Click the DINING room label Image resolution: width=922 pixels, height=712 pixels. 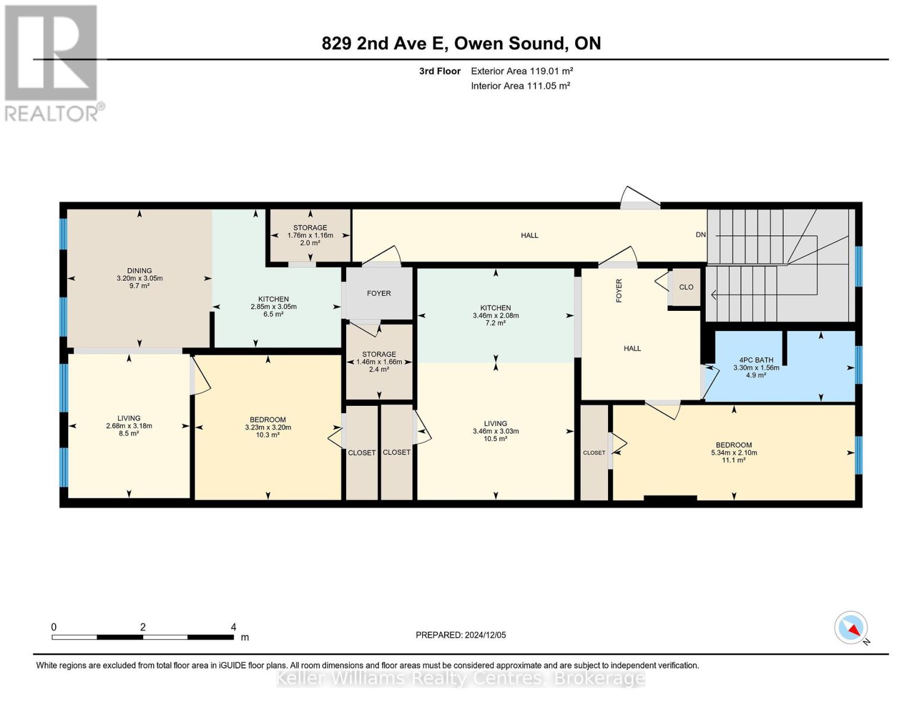(140, 271)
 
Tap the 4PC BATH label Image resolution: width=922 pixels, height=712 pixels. (756, 360)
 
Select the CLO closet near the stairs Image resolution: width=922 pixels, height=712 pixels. (686, 287)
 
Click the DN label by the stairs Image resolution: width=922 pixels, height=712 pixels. (701, 234)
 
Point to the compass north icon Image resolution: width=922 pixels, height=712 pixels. (851, 628)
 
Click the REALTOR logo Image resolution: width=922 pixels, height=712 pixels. (52, 63)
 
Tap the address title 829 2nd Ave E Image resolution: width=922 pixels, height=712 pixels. (461, 43)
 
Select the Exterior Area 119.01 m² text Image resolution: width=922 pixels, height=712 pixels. (522, 71)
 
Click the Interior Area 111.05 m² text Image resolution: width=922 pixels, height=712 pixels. (520, 85)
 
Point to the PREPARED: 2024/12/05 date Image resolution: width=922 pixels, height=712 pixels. (461, 635)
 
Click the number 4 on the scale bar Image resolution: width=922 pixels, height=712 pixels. (233, 627)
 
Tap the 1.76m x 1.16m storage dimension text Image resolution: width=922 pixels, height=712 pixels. (310, 235)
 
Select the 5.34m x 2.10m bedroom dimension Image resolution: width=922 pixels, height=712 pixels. (734, 453)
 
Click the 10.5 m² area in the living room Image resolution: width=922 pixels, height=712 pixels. (495, 439)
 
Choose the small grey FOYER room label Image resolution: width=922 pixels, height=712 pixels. (379, 293)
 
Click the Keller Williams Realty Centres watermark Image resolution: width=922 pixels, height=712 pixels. (461, 678)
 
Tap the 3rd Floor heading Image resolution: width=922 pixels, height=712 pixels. (439, 71)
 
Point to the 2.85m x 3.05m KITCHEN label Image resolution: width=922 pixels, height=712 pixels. (273, 300)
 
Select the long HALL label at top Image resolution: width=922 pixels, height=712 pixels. (530, 236)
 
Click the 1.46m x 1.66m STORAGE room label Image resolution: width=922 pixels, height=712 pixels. (379, 354)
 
